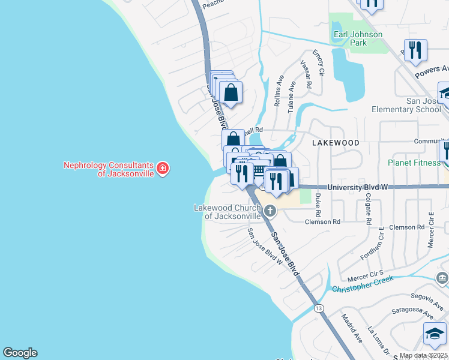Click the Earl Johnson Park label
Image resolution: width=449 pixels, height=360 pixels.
(x=358, y=38)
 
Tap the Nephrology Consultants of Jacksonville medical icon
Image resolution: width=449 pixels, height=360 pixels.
(x=163, y=169)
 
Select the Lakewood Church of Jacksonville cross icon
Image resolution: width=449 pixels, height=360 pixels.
(x=270, y=211)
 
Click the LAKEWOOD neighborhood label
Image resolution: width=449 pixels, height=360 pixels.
(x=336, y=143)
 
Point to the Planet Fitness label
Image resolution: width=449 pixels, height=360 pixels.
(x=414, y=163)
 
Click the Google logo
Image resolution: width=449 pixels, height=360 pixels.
(x=20, y=353)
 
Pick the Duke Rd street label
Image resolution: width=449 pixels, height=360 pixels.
(x=318, y=205)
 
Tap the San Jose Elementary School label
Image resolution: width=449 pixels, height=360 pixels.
(x=406, y=105)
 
